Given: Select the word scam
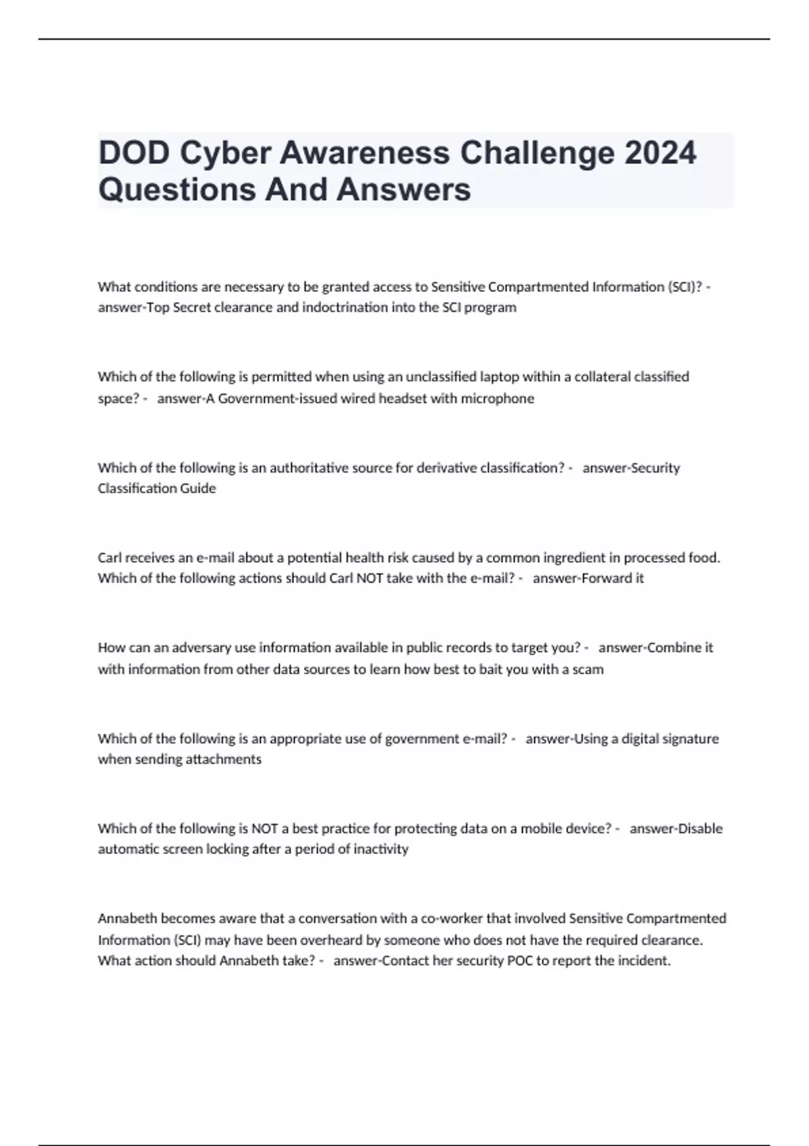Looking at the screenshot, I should pyautogui.click(x=588, y=669).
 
